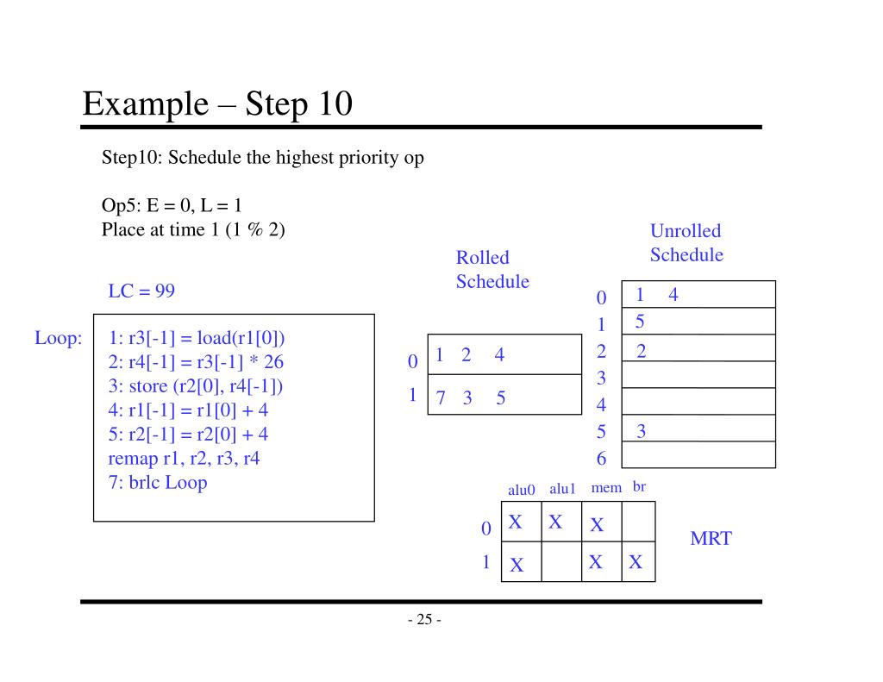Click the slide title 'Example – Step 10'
coord(217,103)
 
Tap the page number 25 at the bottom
coord(424,619)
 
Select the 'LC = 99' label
coord(141,291)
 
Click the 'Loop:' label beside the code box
coord(59,338)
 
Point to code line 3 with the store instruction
coord(196,386)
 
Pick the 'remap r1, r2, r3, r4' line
coord(185,459)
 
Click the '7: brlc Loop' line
coord(158,483)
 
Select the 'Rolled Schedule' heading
coord(492,269)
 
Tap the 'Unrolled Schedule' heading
coord(686,243)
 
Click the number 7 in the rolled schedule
coord(441,398)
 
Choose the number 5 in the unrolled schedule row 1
coord(640,322)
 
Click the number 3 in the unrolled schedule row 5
coord(641,431)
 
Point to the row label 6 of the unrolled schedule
coord(601,459)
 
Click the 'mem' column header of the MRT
coord(606,488)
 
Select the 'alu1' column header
coord(562,489)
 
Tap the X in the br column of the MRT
coord(636,562)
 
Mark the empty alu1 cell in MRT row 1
coord(561,561)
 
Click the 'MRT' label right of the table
coord(711,538)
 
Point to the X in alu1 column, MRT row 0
coord(555,522)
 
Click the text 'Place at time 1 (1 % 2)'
coord(193,229)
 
